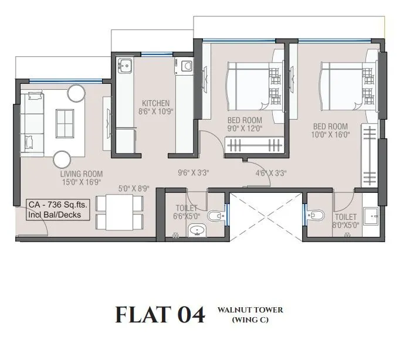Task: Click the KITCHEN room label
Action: (155, 103)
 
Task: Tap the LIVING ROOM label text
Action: (82, 174)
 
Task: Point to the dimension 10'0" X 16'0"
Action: (331, 134)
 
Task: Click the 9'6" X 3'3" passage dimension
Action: (194, 173)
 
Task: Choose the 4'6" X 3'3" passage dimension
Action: (271, 173)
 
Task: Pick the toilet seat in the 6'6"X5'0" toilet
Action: (216, 218)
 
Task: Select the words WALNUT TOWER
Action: (250, 310)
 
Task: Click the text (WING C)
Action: (250, 320)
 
